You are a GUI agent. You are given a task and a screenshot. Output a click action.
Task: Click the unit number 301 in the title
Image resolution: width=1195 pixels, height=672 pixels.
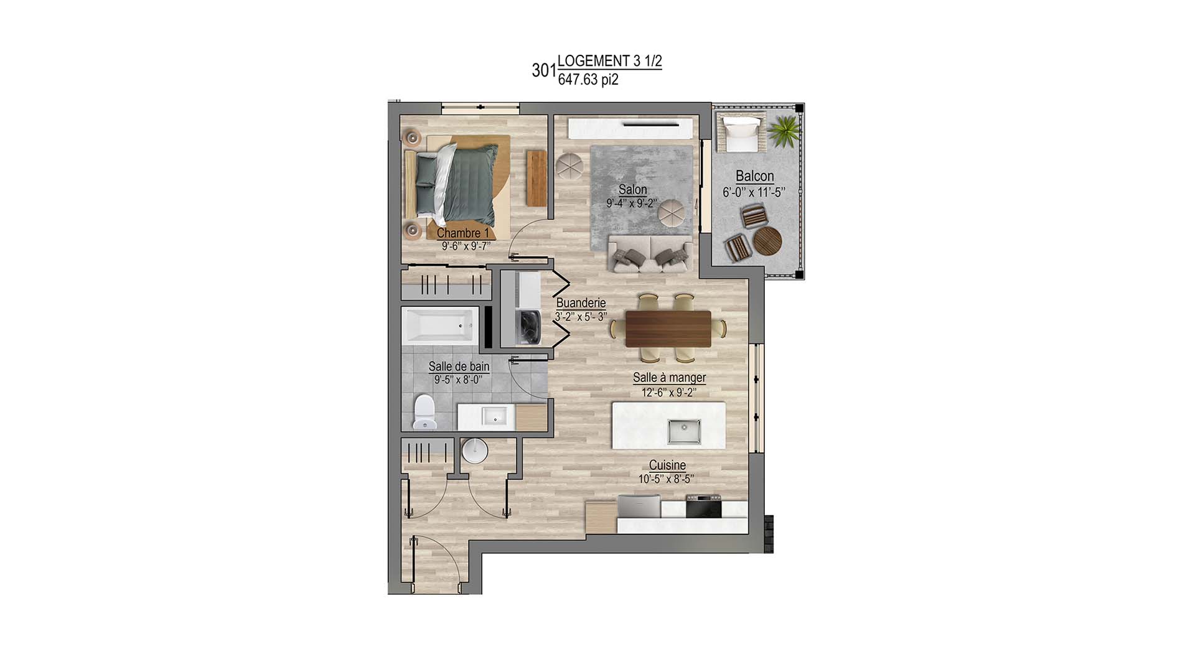click(x=544, y=71)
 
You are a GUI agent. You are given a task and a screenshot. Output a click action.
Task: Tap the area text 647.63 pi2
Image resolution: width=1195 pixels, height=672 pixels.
click(x=588, y=80)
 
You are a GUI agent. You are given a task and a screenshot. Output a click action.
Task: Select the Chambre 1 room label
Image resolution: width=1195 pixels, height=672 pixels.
click(x=463, y=233)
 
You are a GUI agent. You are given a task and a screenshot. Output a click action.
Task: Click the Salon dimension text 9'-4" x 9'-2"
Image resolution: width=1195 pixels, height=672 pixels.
click(x=632, y=203)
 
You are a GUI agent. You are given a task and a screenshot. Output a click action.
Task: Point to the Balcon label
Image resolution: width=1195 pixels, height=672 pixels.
click(x=754, y=176)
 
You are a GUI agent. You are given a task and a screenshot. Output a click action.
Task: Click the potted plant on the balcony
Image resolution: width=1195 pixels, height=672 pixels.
click(x=782, y=131)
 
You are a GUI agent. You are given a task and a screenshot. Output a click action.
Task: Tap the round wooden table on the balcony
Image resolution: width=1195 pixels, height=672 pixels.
click(x=767, y=240)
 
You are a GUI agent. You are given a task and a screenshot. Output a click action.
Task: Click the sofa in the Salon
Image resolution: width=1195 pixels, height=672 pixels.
click(x=650, y=253)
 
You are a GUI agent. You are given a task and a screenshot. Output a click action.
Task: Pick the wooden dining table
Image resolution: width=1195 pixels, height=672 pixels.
click(x=668, y=329)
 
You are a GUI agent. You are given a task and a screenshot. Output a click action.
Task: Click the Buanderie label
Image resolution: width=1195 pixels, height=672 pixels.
click(x=581, y=303)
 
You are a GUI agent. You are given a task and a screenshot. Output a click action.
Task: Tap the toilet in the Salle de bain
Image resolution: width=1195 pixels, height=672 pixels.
click(x=425, y=412)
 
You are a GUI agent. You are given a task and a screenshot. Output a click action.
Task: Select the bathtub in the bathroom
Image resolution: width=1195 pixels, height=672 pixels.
click(x=440, y=325)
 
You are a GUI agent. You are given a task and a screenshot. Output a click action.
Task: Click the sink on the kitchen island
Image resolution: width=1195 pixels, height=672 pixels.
click(x=685, y=431)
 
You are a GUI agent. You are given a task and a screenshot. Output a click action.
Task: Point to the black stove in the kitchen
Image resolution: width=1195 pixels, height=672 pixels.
click(x=704, y=506)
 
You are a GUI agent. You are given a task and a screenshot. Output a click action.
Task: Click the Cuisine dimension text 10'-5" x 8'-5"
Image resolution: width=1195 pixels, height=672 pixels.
click(x=666, y=479)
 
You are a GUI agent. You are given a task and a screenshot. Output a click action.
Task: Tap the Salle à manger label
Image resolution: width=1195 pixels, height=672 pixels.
click(x=669, y=378)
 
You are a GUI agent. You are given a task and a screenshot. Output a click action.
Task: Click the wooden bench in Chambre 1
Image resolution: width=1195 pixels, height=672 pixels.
click(x=536, y=178)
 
